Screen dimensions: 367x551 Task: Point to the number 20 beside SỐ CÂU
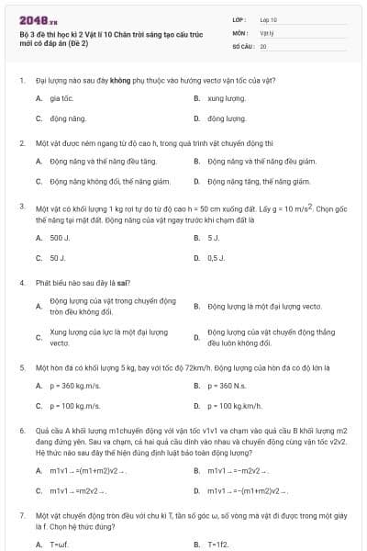click(x=263, y=45)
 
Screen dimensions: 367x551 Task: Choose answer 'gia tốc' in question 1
click(x=61, y=96)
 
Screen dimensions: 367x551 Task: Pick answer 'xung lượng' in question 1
click(x=226, y=96)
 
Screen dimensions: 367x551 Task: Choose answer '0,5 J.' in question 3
click(x=216, y=258)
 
